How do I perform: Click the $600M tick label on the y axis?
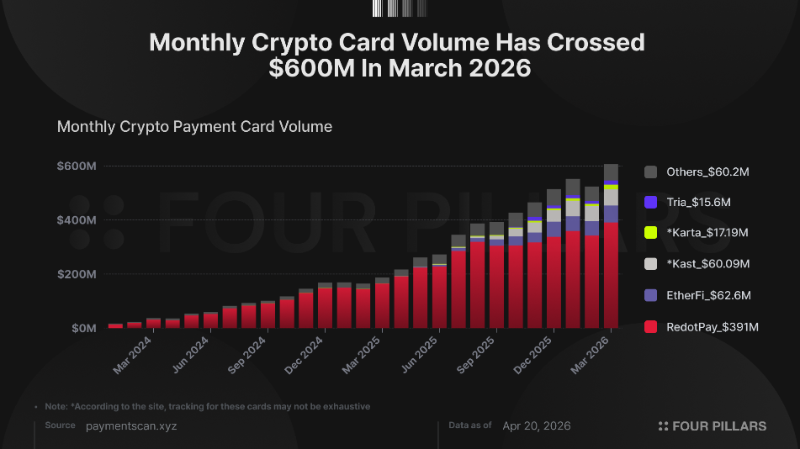(77, 166)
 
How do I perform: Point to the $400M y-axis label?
(77, 220)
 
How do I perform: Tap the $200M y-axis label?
(77, 274)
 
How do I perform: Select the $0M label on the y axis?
(83, 328)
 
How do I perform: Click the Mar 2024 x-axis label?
(132, 355)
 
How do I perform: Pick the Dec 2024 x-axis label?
(304, 355)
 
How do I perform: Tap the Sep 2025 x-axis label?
(476, 355)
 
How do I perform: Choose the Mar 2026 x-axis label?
(591, 355)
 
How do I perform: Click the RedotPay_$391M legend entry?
(702, 327)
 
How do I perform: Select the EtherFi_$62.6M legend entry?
(697, 295)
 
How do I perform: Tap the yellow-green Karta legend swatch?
(650, 233)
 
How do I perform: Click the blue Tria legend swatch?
(650, 202)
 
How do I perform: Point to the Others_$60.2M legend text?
(707, 172)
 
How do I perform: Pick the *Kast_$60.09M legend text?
(708, 264)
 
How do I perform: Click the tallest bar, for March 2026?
(611, 246)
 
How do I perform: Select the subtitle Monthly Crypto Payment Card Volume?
(194, 126)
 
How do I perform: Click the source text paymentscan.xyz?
(131, 426)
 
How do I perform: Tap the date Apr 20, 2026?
(536, 426)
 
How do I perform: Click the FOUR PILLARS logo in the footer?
(713, 426)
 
